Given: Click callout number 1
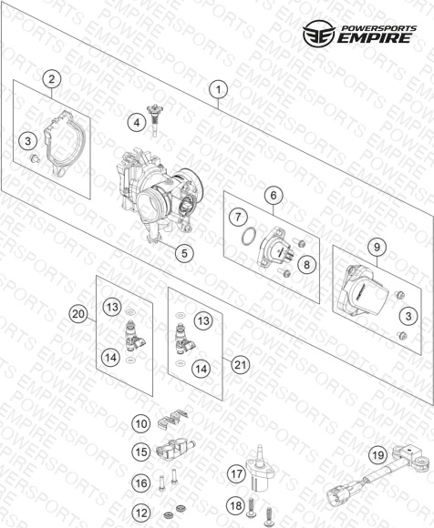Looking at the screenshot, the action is coord(218,89).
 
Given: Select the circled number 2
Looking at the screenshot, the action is coord(52,79).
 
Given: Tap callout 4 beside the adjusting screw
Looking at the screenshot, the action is coord(137,123).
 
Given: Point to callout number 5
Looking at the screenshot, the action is coord(184,253).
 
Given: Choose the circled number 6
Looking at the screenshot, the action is coord(274,196).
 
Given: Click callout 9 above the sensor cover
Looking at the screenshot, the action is coord(377,248).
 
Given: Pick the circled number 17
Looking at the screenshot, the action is coord(236,473).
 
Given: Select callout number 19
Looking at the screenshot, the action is coord(378,455).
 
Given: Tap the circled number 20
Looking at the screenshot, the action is coord(78,314).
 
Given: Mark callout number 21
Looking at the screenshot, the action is coord(240,364).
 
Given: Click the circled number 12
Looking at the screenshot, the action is coord(141,513).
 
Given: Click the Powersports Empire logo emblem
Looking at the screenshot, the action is coord(319,33).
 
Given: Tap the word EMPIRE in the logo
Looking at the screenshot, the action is coord(375,38).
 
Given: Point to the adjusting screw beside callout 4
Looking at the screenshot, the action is coord(154,120).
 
